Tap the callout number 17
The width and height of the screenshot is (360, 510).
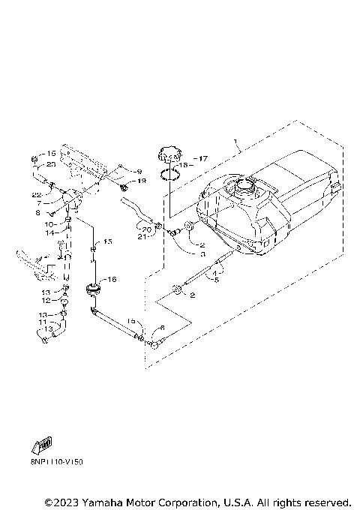[200, 158]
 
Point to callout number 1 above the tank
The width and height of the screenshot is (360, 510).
[235, 141]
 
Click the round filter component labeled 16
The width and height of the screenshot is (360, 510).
[94, 288]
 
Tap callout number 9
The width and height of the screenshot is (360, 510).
[138, 171]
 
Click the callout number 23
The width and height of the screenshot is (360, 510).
[51, 163]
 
